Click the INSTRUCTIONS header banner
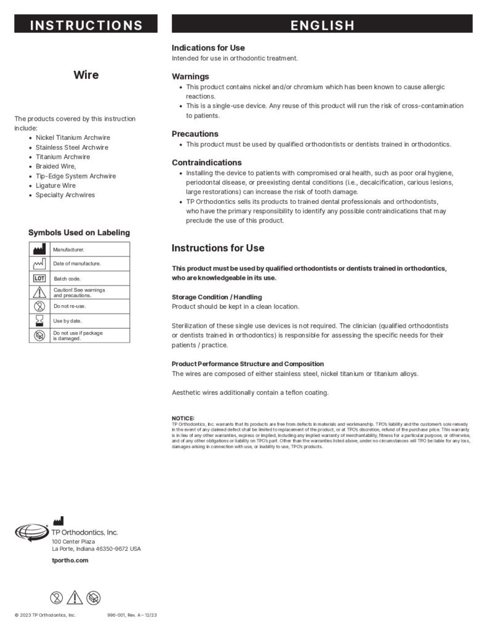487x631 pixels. (x=86, y=25)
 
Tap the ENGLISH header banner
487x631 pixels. (x=322, y=25)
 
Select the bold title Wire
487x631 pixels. (x=86, y=75)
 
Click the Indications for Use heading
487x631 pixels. (x=208, y=47)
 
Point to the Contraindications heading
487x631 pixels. (x=206, y=162)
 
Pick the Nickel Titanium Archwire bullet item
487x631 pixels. (x=73, y=137)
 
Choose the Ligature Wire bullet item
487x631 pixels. (x=55, y=185)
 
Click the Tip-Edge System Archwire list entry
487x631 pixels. (x=75, y=176)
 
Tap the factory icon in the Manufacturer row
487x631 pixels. (x=39, y=249)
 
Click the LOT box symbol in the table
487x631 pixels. (x=39, y=278)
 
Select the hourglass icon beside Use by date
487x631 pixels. (x=39, y=320)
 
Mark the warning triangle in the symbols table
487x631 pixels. (x=39, y=292)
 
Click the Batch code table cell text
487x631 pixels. (x=67, y=279)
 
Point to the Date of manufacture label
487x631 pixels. (x=77, y=264)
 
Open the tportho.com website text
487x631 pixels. (x=70, y=560)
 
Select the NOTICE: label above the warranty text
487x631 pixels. (x=183, y=418)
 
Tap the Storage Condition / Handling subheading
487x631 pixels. (x=217, y=297)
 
